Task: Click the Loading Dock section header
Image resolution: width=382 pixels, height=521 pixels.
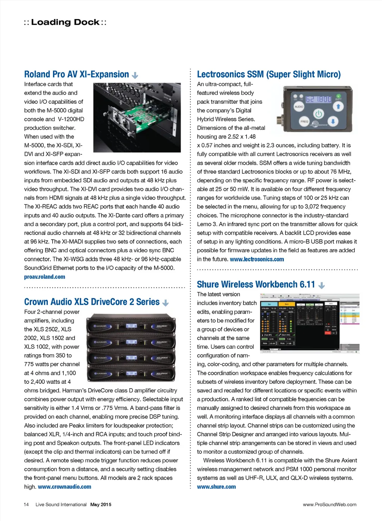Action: click(65, 22)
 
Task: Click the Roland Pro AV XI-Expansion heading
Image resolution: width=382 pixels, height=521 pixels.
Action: click(76, 74)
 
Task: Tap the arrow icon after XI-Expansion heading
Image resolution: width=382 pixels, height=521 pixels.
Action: click(135, 75)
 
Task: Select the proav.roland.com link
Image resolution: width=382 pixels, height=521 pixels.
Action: click(44, 277)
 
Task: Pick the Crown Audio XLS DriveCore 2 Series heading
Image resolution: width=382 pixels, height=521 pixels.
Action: click(92, 302)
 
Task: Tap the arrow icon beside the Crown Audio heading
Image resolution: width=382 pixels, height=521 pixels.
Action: click(166, 303)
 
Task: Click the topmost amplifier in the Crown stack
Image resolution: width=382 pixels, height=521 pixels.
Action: click(131, 326)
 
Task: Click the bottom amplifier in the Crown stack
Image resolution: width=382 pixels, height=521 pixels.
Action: click(131, 373)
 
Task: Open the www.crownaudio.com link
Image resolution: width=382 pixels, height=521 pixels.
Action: click(64, 487)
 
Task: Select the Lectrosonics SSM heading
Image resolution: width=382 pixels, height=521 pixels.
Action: click(269, 74)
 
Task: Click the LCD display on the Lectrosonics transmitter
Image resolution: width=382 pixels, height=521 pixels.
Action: click(318, 99)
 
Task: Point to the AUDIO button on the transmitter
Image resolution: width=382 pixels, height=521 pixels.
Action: click(299, 107)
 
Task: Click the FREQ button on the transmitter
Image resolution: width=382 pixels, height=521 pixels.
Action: click(304, 121)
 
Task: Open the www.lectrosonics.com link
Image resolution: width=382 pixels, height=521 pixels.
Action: click(257, 259)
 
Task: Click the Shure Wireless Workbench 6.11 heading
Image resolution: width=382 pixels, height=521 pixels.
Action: click(256, 285)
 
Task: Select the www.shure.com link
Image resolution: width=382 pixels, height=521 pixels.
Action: click(216, 487)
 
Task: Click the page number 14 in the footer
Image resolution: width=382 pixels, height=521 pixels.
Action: click(26, 505)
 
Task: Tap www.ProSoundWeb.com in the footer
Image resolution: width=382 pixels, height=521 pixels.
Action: click(329, 505)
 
